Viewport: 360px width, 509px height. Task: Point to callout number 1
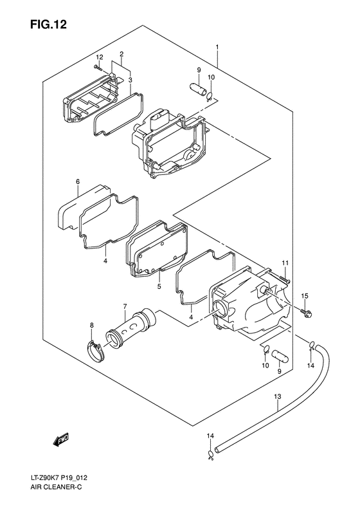click(x=218, y=48)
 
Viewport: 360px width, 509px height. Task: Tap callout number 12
click(x=100, y=58)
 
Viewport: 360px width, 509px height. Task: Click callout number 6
click(x=77, y=182)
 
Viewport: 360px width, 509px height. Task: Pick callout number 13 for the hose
click(x=277, y=396)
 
